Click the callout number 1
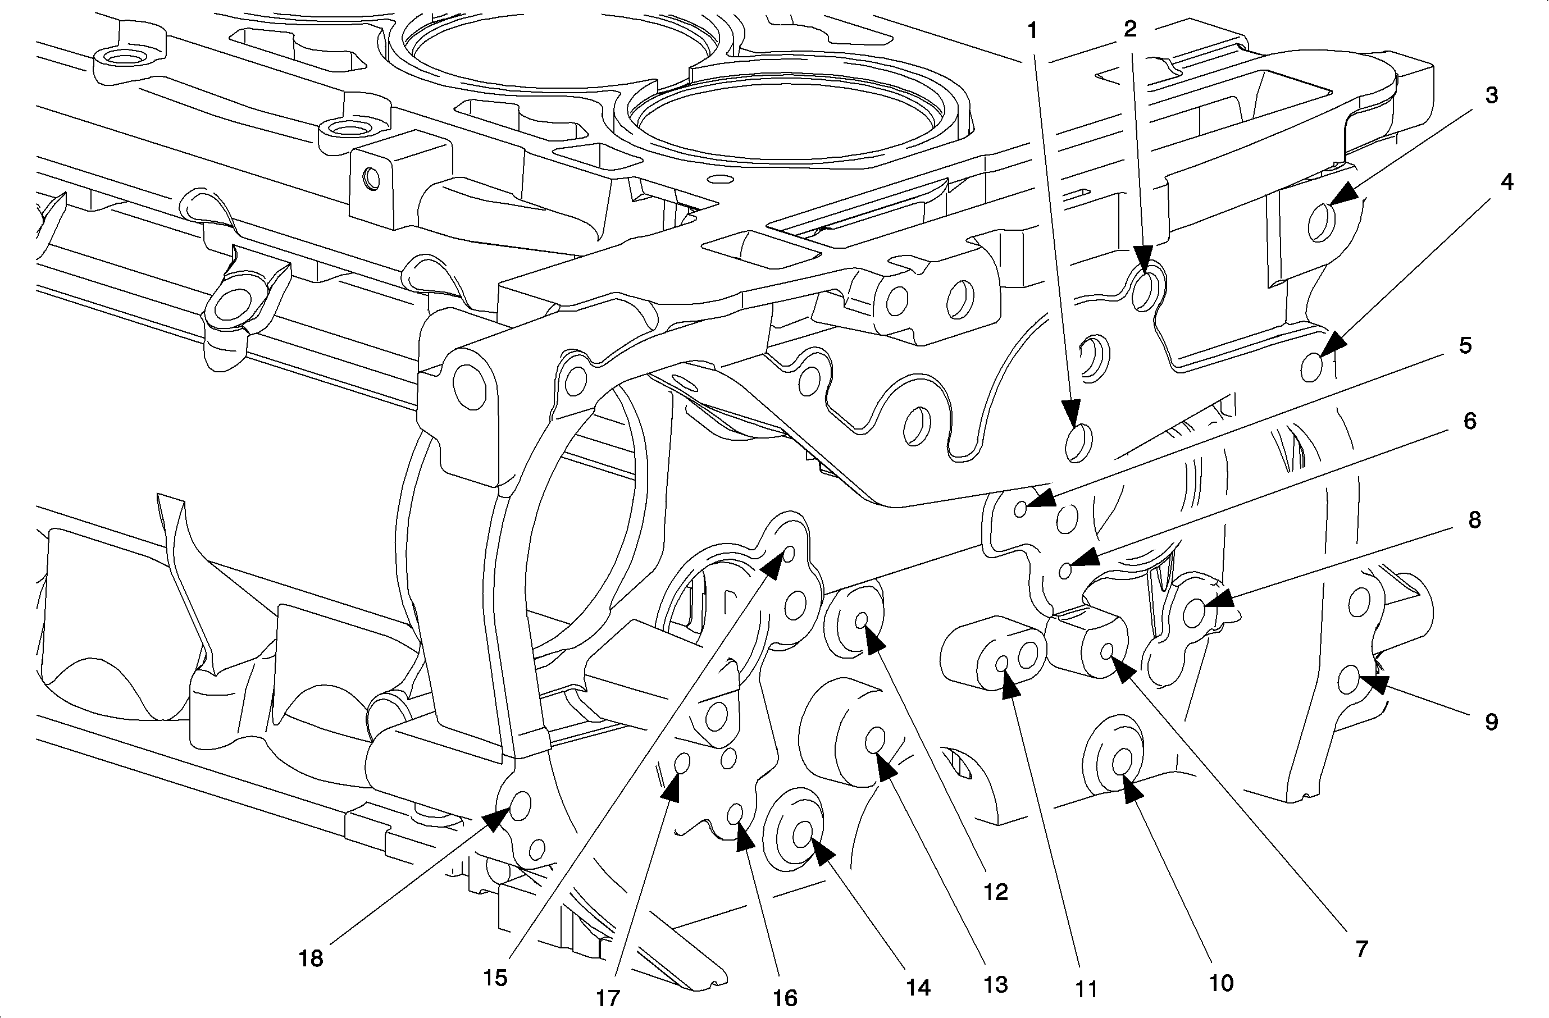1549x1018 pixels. (x=1032, y=30)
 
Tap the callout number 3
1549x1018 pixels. (x=1492, y=95)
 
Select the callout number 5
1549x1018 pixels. (x=1465, y=345)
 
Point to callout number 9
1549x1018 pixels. (x=1491, y=722)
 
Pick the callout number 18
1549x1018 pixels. (x=311, y=958)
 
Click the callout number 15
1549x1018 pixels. (x=495, y=978)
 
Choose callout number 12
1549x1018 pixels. (x=996, y=892)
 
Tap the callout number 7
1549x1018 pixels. (x=1361, y=949)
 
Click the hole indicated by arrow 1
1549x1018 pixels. (x=1078, y=442)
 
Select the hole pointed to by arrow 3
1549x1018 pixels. (x=1321, y=222)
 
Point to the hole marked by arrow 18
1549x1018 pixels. (x=521, y=806)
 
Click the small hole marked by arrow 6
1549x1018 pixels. (x=1065, y=571)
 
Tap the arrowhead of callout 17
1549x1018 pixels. (x=672, y=789)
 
